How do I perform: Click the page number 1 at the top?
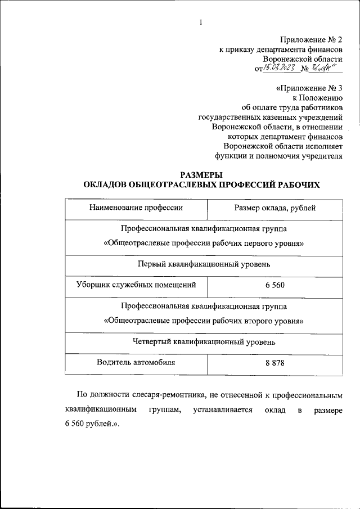tap(200, 22)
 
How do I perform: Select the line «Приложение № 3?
tap(309, 88)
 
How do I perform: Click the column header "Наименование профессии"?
tap(136, 208)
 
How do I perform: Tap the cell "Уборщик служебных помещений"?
tap(136, 285)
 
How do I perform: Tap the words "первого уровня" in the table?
tap(276, 244)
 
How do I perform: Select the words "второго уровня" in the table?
tap(277, 322)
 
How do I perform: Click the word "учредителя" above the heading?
tap(322, 157)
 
